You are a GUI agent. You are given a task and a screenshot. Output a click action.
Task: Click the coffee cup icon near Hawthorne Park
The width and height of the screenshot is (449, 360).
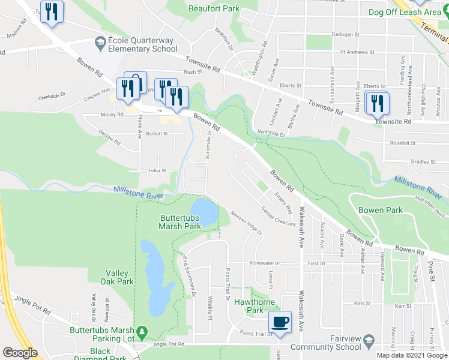[280, 322]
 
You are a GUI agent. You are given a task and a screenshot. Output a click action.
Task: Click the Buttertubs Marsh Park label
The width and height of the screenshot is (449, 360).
[179, 222]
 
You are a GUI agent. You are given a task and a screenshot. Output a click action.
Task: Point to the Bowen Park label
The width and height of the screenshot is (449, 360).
[380, 210]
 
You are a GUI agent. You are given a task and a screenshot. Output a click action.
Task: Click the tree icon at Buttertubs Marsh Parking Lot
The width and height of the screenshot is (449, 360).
[142, 331]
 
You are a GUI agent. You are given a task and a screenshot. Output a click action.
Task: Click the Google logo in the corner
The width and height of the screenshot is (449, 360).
[19, 353]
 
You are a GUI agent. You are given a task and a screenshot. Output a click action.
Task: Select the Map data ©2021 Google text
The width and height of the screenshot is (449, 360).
[411, 355]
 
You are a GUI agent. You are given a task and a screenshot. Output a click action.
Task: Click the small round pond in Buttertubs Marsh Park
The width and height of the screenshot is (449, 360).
[205, 212]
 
